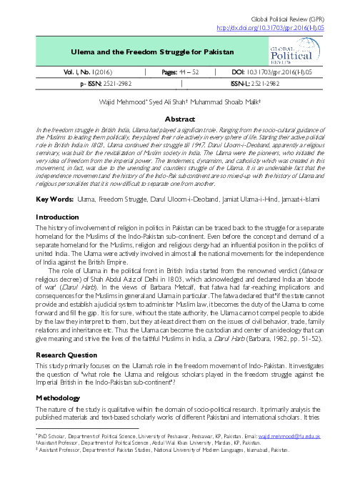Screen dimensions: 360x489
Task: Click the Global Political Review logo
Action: coord(291,53)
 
